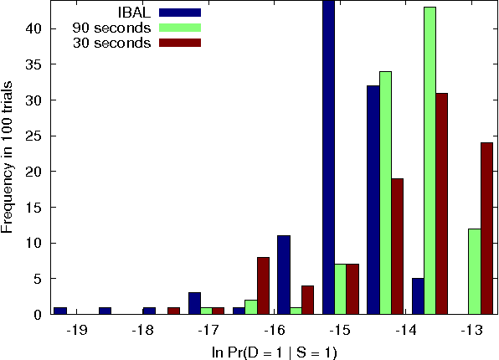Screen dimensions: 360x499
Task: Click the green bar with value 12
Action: point(474,271)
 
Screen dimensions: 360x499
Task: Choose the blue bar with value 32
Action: point(373,200)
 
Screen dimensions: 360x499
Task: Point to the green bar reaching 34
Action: point(385,193)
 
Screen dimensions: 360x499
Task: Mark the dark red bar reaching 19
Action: point(398,246)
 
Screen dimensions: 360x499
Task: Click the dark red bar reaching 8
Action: point(263,285)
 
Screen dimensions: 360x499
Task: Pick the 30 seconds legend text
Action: point(111,43)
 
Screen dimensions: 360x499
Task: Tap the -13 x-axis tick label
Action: point(472,331)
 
